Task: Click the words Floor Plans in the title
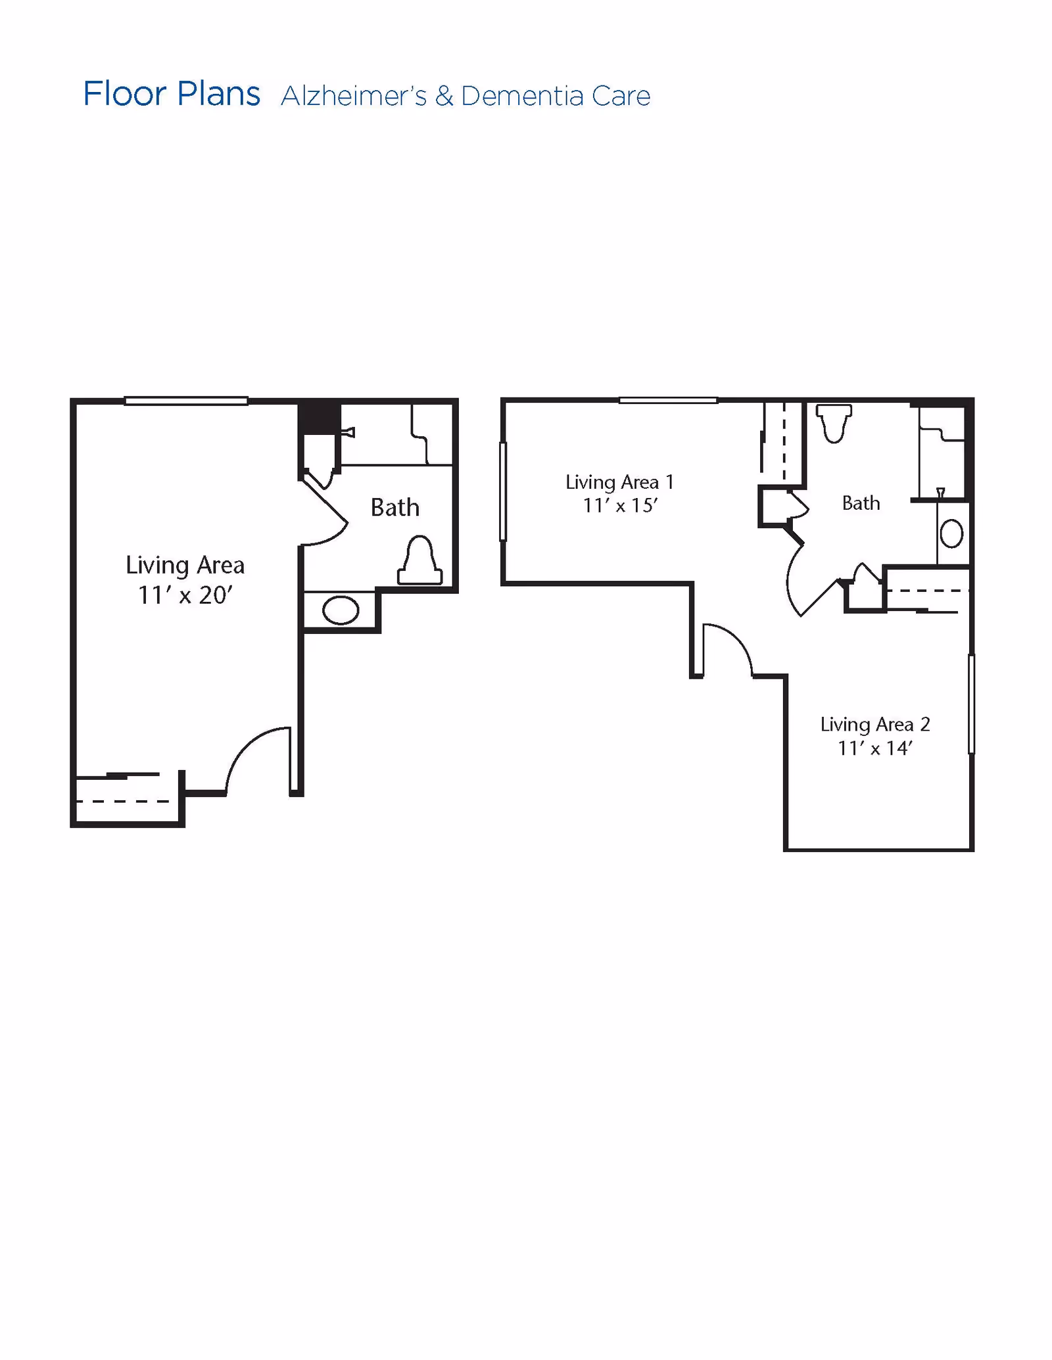click(x=172, y=94)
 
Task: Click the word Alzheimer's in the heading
click(x=354, y=96)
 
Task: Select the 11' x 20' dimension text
click(x=185, y=595)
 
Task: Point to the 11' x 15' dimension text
click(x=620, y=505)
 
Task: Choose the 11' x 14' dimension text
click(x=875, y=748)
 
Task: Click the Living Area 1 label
click(x=620, y=482)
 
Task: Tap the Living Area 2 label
click(x=875, y=725)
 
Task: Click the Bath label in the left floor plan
click(x=394, y=507)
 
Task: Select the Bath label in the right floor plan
click(x=861, y=503)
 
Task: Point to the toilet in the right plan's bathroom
click(x=834, y=423)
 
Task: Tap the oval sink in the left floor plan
click(x=341, y=610)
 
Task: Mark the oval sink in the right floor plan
click(x=951, y=533)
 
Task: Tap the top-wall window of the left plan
click(x=186, y=401)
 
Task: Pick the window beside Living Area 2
click(x=971, y=704)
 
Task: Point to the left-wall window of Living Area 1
click(x=503, y=491)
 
